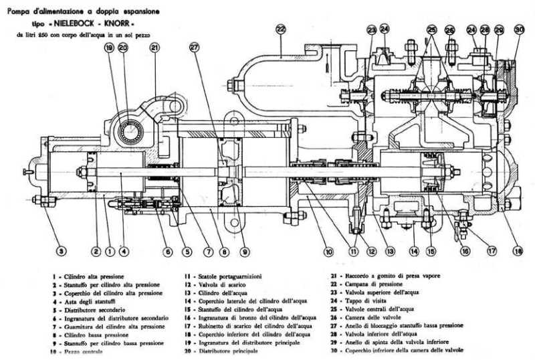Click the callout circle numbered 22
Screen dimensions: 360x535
[280, 29]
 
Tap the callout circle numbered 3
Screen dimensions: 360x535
[62, 252]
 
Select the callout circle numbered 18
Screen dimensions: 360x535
[517, 252]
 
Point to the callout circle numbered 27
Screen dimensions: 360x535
[194, 48]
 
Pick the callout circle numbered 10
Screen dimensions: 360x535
[328, 252]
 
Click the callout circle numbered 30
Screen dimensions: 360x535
[520, 29]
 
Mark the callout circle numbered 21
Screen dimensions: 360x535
[154, 48]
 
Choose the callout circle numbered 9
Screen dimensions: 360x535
[246, 252]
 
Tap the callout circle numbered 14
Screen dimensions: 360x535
[414, 252]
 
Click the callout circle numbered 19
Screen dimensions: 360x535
[109, 48]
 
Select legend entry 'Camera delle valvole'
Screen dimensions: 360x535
[377, 318]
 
